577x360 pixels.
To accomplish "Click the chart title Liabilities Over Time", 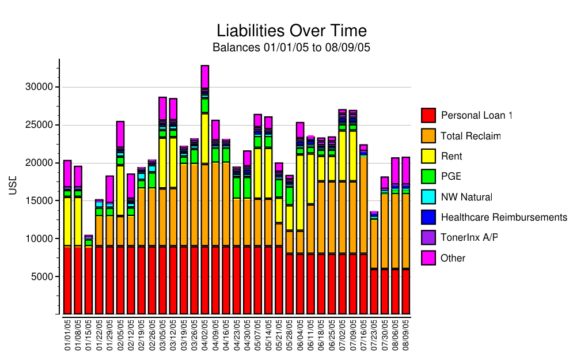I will (x=291, y=31).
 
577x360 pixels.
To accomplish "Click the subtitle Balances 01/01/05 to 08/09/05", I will (x=291, y=48).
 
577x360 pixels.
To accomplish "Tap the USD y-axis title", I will (x=13, y=187).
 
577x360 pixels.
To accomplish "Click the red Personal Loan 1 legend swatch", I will (x=428, y=115).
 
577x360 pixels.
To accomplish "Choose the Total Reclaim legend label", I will (x=470, y=137).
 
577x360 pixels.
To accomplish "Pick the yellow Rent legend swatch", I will (x=428, y=157).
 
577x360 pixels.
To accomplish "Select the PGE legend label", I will (x=451, y=177).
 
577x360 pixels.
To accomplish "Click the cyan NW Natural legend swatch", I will (x=428, y=197).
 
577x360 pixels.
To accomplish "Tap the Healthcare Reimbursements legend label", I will (x=504, y=218).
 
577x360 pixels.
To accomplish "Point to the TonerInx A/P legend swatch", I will (x=428, y=238).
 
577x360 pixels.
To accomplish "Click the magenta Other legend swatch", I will (x=428, y=258).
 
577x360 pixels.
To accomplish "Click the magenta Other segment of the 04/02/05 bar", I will (x=204, y=77).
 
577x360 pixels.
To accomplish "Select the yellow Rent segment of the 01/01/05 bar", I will (x=67, y=221).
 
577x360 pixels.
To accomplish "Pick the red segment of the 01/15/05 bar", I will (x=88, y=281).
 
